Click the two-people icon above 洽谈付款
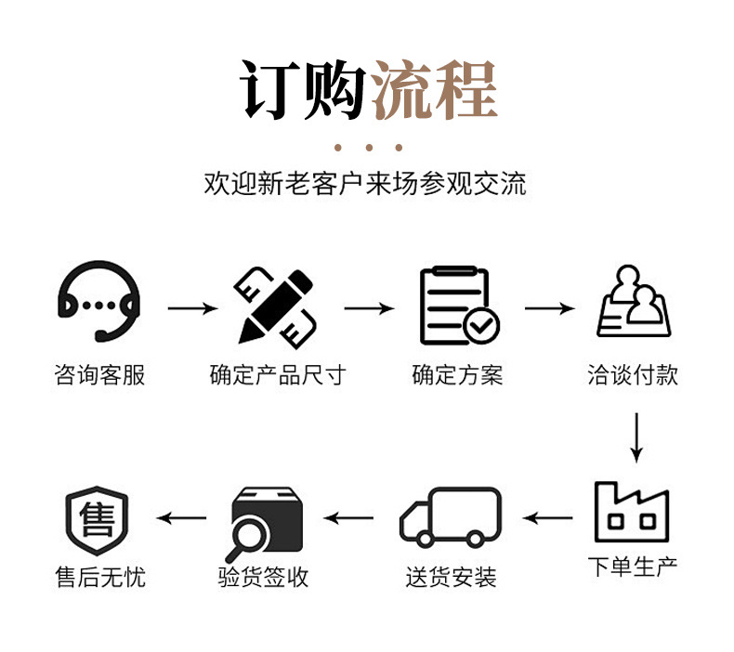[634, 302]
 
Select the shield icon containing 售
[98, 516]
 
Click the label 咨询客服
[99, 375]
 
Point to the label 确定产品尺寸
[277, 375]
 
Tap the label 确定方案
[457, 375]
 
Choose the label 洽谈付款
[633, 374]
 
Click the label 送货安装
[451, 577]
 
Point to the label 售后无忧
[99, 577]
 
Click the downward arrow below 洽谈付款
[636, 437]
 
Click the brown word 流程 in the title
[435, 90]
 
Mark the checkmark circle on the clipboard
[481, 325]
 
